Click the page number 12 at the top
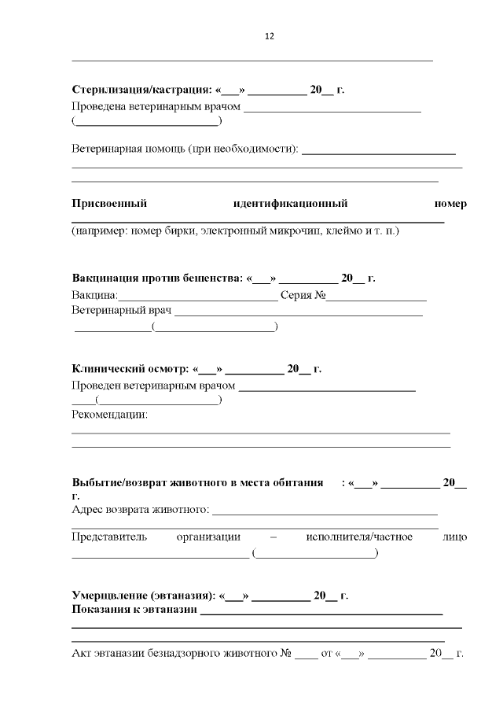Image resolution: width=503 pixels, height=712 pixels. [x=270, y=36]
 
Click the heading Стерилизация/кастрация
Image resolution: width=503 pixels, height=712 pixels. [x=141, y=90]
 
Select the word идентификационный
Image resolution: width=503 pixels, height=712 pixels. [x=290, y=204]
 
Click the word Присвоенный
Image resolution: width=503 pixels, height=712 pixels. [x=110, y=204]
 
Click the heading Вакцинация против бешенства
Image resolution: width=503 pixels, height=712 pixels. [x=157, y=278]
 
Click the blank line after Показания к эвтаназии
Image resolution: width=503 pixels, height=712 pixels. [x=321, y=612]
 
